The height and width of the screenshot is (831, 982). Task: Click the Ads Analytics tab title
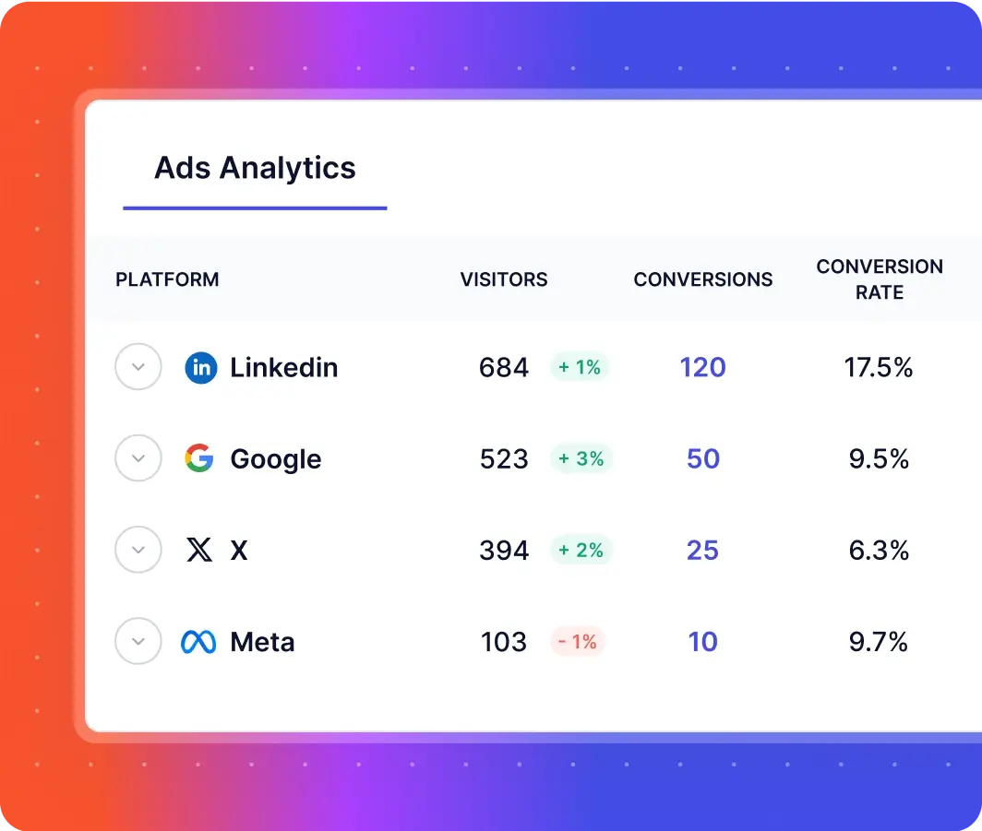(255, 168)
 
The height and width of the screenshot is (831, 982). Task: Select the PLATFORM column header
(167, 279)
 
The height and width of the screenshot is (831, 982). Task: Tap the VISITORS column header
(504, 279)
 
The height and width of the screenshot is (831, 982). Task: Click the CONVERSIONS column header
(703, 279)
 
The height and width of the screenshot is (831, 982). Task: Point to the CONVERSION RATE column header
(880, 279)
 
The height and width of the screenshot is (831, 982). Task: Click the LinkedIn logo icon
(201, 368)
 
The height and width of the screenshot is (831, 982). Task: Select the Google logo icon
(199, 458)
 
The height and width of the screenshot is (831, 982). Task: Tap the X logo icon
(199, 551)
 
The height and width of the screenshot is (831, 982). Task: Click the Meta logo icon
(198, 642)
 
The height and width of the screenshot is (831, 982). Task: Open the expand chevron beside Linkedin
(138, 367)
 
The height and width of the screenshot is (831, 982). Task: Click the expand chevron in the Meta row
(138, 642)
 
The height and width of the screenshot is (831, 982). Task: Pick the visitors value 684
(504, 368)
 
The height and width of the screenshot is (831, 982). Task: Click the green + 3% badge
(581, 458)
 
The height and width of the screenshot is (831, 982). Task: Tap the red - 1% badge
(578, 642)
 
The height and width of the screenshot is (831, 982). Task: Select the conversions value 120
(703, 368)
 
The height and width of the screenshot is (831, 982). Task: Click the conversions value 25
(703, 551)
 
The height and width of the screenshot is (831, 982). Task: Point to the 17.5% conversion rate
(879, 368)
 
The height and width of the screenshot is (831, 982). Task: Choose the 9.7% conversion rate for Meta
(879, 642)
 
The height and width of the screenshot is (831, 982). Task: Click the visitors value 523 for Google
(504, 458)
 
